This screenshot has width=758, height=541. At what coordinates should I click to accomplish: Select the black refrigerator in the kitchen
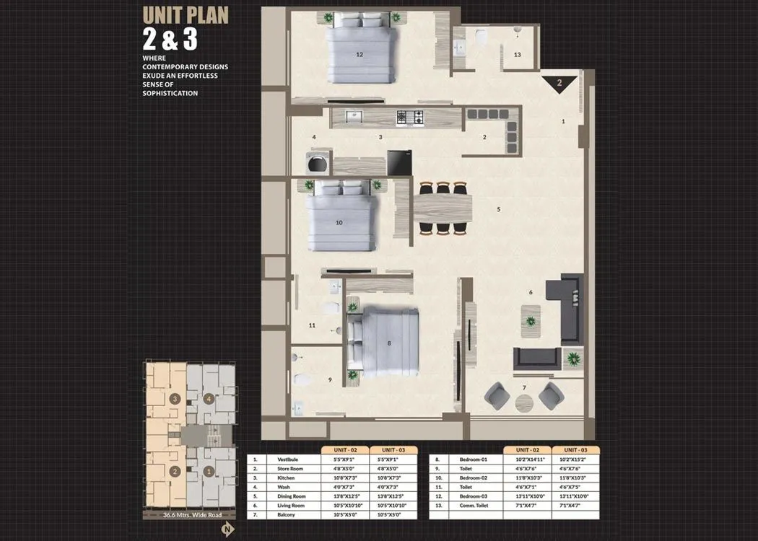coord(399,162)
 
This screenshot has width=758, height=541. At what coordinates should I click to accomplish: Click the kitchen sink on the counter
coord(352,117)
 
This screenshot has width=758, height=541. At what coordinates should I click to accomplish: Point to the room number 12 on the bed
coord(360,54)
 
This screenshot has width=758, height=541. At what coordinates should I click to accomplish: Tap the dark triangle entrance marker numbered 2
coord(559,84)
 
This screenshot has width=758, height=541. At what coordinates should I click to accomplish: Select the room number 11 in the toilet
coord(312,325)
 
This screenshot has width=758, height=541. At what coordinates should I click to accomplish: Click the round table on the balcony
coord(524,403)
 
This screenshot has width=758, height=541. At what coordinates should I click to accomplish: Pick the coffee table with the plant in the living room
coord(531,320)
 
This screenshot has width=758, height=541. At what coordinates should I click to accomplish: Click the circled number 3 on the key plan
coord(174,398)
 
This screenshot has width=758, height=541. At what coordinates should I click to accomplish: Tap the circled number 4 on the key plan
coord(209,398)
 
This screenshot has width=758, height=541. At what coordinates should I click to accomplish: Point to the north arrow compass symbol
coord(227,529)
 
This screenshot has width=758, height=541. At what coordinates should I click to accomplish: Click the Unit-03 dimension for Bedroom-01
coord(575,459)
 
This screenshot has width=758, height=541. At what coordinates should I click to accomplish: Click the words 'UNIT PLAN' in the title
coord(185,15)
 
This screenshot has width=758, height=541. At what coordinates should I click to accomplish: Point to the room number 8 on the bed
coord(389,343)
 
